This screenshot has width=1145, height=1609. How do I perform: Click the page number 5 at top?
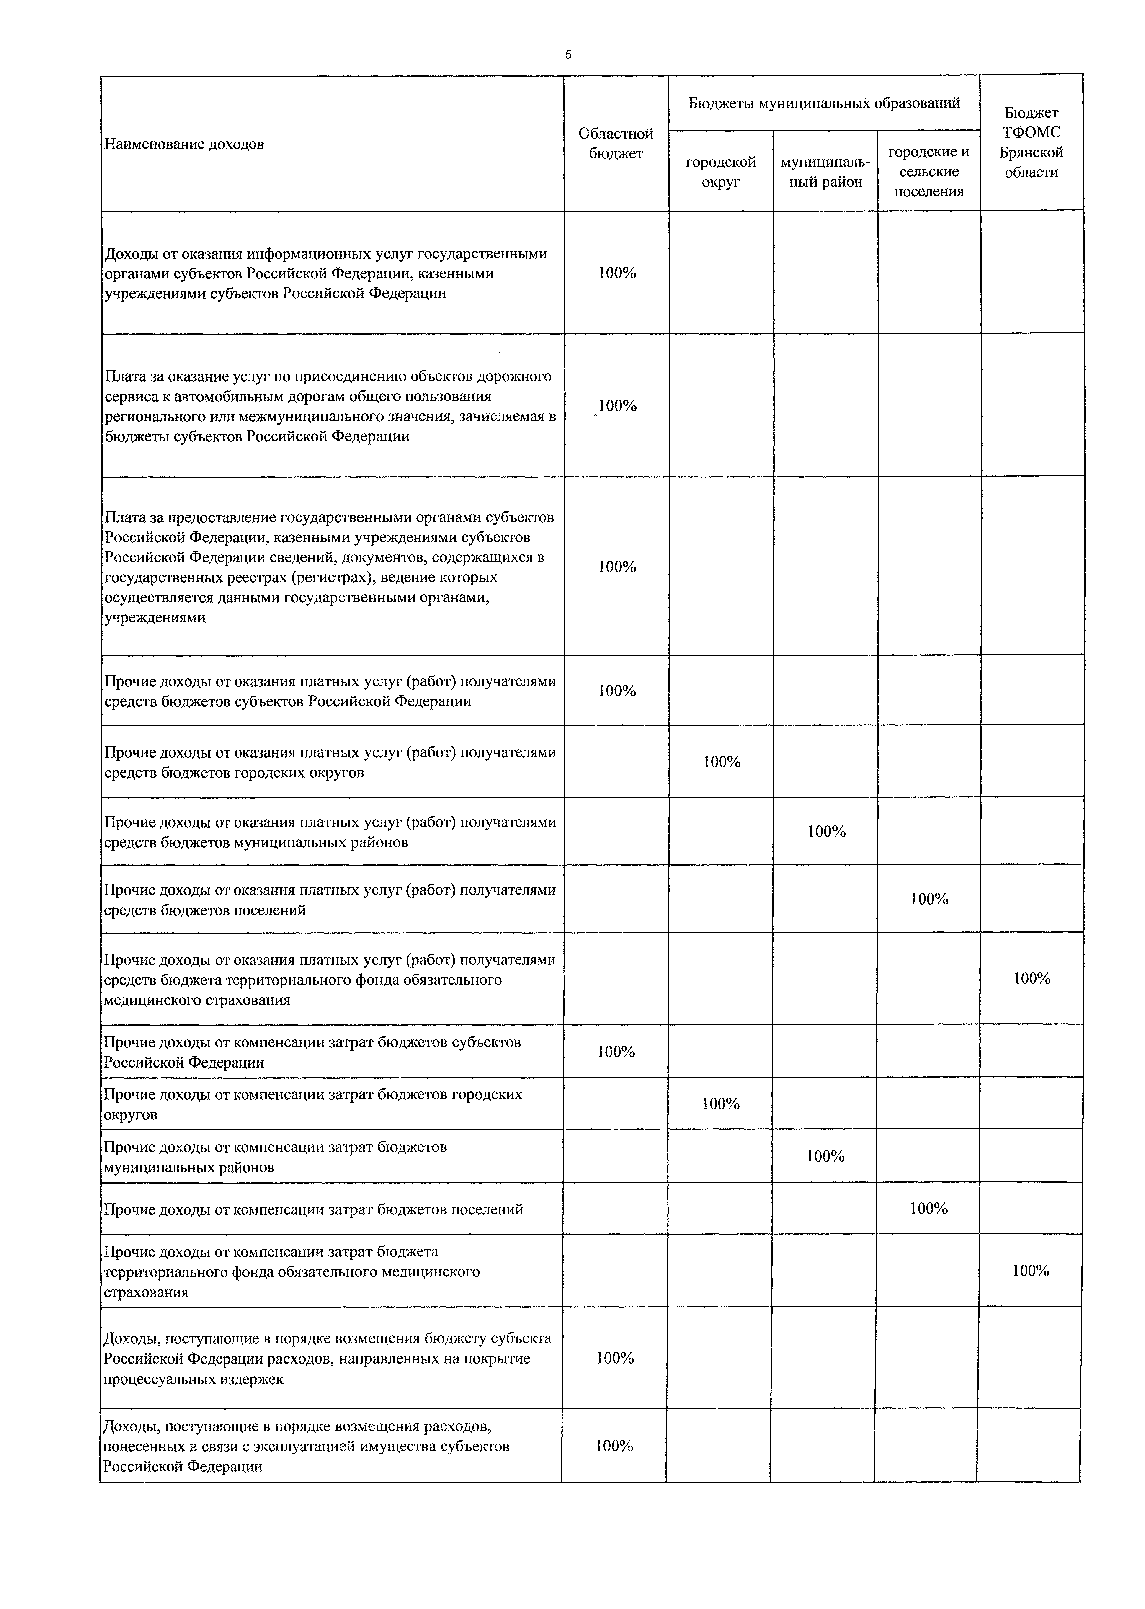(x=568, y=55)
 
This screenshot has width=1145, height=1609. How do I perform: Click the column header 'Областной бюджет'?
(x=616, y=143)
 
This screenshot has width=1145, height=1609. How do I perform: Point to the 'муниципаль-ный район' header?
(x=825, y=172)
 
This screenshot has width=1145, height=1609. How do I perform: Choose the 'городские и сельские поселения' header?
(x=928, y=171)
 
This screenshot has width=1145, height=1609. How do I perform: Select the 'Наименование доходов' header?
(x=184, y=144)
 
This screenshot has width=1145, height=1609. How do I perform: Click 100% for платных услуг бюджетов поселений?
(x=929, y=900)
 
